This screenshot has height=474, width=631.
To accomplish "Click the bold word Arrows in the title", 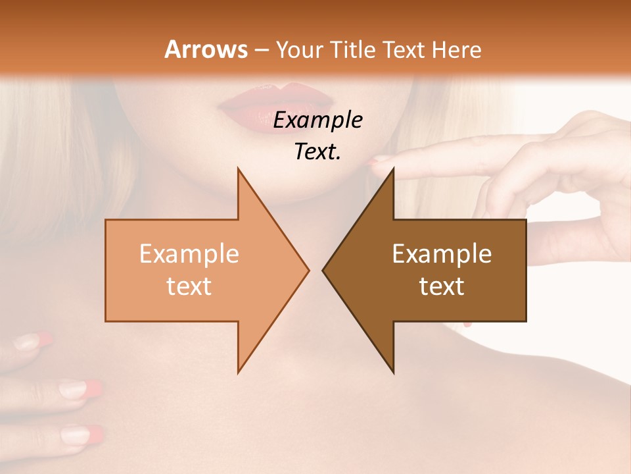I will [206, 49].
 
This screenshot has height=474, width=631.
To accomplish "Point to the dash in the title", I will [262, 51].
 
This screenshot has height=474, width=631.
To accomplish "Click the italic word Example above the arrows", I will [317, 120].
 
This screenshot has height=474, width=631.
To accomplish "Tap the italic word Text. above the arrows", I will [317, 152].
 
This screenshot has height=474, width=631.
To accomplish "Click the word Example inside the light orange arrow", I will [189, 253].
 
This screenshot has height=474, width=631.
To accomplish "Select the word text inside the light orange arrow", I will [189, 286].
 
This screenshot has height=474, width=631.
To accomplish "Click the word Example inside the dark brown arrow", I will [442, 253].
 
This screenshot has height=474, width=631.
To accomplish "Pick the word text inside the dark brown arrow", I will [442, 286].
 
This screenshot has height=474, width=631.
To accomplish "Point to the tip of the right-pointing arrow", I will [308, 270].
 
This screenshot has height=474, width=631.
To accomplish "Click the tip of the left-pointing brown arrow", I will [323, 270].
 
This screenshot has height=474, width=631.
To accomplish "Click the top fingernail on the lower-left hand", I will [33, 341].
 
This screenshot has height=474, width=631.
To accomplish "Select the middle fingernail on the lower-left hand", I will [79, 388].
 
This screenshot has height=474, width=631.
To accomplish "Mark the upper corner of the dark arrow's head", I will [393, 169].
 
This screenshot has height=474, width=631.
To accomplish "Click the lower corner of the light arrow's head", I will [238, 372].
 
